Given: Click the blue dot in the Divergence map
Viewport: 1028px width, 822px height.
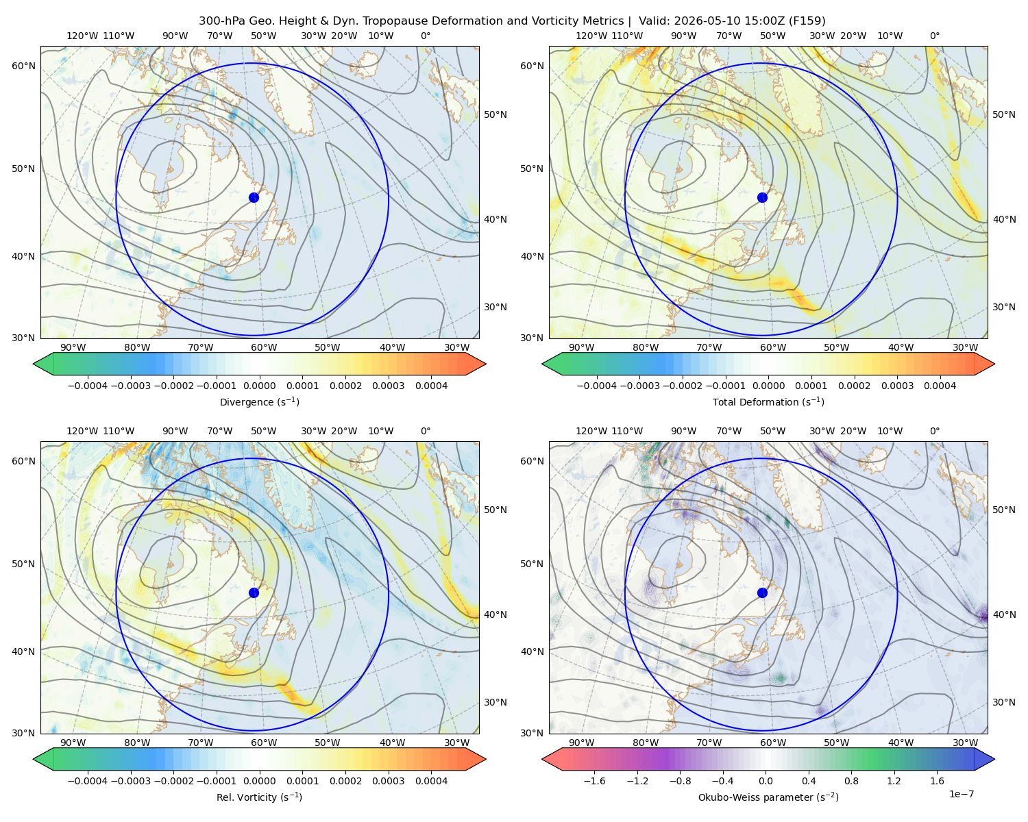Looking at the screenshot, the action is click(254, 197).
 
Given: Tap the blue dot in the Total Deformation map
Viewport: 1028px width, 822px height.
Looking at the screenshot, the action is click(762, 197).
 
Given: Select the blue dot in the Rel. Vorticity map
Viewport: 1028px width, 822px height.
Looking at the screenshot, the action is click(254, 593).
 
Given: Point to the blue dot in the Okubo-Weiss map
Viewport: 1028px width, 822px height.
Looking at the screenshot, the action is click(762, 593).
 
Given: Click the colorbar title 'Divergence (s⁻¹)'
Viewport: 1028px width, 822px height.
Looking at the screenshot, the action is click(259, 401).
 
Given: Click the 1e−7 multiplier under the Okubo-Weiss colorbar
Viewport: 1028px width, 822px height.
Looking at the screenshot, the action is click(961, 794).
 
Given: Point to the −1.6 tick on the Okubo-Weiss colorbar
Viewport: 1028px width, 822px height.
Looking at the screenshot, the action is click(594, 781).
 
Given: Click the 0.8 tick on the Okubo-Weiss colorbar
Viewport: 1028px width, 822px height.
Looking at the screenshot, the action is click(851, 781).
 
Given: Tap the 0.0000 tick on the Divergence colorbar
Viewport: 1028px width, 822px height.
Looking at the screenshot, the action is click(259, 386).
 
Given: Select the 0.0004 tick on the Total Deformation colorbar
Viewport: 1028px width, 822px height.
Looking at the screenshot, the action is click(940, 386).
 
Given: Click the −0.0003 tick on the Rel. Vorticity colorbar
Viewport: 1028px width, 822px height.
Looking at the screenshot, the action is click(130, 781).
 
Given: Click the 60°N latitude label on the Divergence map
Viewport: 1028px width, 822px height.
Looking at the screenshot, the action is click(23, 66).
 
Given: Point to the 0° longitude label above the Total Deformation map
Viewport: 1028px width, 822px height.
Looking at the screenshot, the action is click(934, 36).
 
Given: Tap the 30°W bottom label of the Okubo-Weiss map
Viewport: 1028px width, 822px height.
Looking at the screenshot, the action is click(965, 743).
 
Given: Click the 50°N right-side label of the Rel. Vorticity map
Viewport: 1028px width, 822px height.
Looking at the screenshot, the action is click(495, 510).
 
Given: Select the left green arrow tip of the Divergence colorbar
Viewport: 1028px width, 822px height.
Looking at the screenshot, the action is click(34, 364).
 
